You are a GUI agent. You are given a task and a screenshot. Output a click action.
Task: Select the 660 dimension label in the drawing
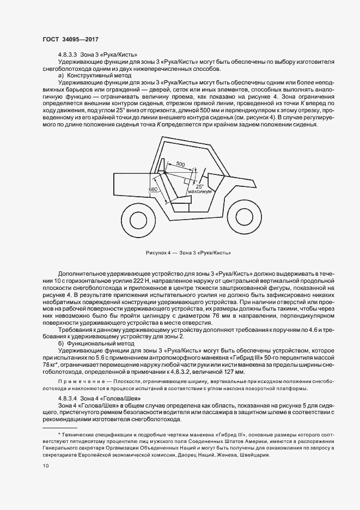(x=152, y=189)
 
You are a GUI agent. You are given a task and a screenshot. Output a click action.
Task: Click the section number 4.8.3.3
(x=68, y=54)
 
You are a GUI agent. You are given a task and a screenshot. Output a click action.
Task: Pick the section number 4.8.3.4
(x=68, y=399)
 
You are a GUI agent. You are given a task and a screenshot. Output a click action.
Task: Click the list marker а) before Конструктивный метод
(x=61, y=75)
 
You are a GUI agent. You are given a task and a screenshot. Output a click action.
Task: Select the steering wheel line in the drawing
(x=204, y=175)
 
